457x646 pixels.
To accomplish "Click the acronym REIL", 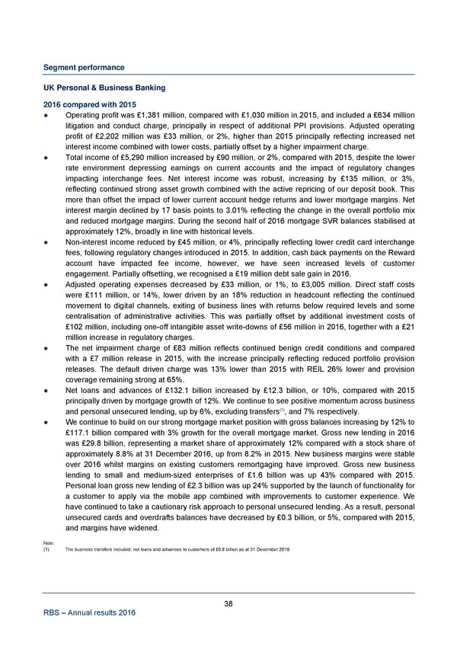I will click(302, 382).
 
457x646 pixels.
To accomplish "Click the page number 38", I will click(228, 604).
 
